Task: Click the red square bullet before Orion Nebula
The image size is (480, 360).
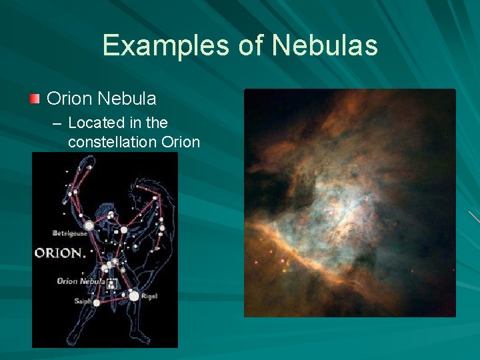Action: pos(35,99)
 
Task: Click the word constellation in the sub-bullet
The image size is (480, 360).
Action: pos(113,142)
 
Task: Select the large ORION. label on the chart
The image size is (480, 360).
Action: pos(60,253)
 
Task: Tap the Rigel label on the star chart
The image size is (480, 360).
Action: pos(149,296)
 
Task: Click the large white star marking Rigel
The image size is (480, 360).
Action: pos(134,295)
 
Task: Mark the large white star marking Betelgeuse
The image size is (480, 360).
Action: pos(89,226)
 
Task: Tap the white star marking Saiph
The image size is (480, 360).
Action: pos(97,303)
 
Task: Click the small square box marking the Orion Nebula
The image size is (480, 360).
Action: pos(111,284)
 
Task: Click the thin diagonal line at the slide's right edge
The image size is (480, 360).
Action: pos(473,217)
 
